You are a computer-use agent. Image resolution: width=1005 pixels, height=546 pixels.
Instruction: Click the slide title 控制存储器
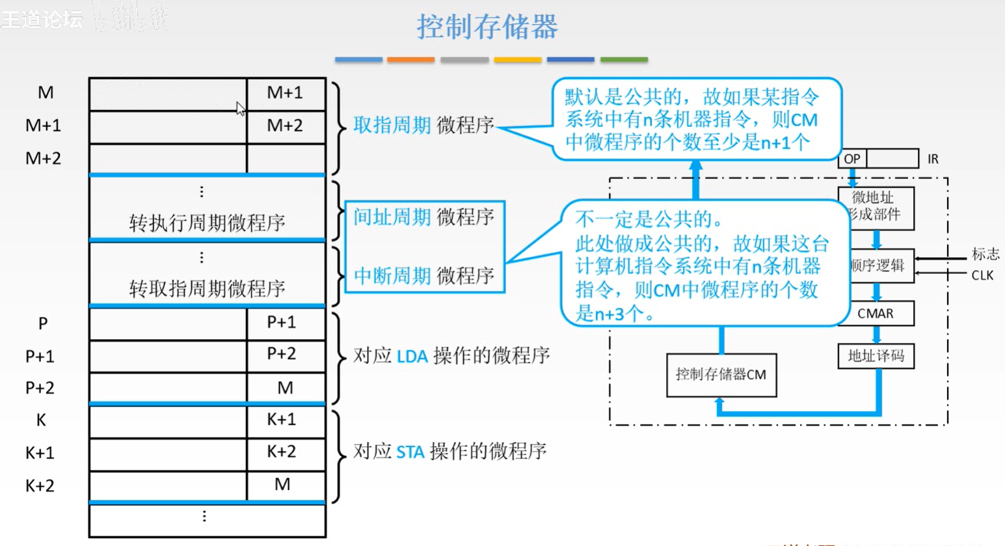(487, 27)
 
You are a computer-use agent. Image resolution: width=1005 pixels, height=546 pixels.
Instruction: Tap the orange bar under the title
(410, 60)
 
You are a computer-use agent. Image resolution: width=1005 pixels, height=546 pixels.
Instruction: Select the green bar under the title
(623, 60)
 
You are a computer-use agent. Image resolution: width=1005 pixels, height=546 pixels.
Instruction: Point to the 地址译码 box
(876, 356)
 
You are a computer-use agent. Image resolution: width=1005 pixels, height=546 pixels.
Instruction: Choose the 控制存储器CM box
(721, 375)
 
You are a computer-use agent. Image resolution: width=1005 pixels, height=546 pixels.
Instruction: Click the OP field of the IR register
(852, 159)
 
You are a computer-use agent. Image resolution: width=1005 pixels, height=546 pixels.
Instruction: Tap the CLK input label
(982, 275)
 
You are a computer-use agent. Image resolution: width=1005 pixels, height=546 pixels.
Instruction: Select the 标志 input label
(985, 254)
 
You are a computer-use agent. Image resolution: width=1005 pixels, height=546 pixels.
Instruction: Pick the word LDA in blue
(412, 356)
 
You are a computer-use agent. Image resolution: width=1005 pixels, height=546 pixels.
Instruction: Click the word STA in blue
(410, 452)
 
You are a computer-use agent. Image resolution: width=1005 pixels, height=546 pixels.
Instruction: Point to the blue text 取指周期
(392, 125)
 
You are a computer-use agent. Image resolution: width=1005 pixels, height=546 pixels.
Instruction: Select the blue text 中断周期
(392, 276)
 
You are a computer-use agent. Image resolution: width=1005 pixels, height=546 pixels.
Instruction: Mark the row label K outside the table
(41, 420)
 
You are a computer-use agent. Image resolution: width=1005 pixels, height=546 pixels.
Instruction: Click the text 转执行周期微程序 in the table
(207, 223)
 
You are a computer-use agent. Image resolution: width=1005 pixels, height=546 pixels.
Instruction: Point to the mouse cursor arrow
(241, 109)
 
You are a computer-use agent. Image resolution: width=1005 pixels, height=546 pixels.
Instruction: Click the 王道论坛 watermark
(42, 20)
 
